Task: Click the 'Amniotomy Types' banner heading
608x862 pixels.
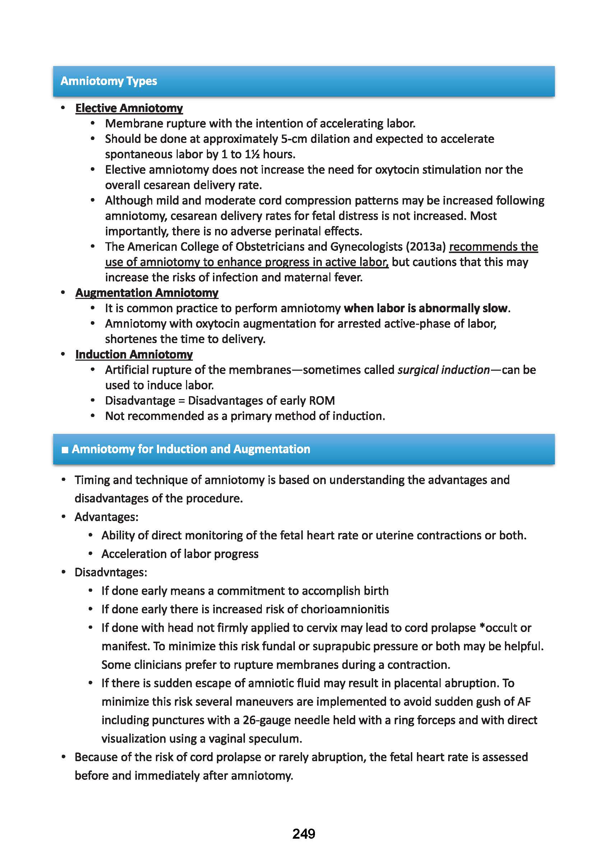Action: (108, 81)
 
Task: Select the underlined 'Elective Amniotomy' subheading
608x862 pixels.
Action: (129, 108)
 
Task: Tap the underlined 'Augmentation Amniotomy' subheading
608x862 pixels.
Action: (147, 293)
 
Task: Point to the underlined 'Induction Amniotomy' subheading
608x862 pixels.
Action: (134, 355)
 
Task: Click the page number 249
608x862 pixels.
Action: (303, 834)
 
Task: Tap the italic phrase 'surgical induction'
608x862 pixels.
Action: (444, 370)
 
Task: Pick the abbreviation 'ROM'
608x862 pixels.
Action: (322, 400)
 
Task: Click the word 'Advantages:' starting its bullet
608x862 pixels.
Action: (106, 517)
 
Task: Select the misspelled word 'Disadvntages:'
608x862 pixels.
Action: (111, 572)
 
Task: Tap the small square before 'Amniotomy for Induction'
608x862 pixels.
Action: (65, 450)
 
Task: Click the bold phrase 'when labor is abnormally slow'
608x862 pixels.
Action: (426, 308)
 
